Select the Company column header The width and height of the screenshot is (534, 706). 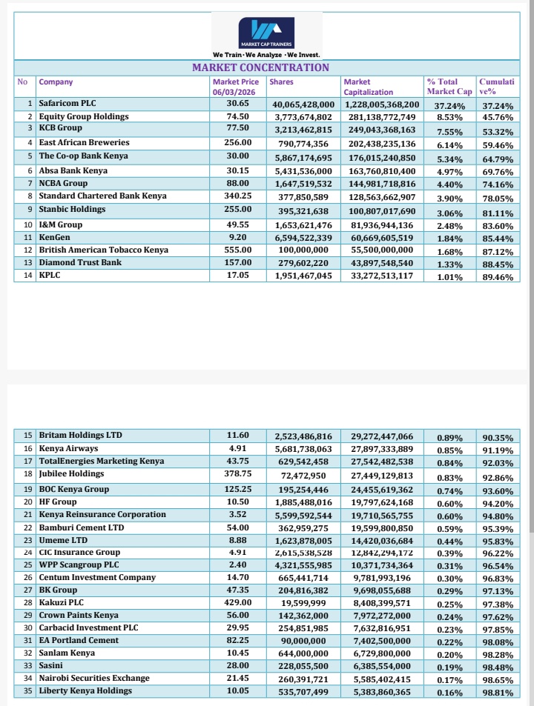coord(56,81)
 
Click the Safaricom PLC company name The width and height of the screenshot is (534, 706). coord(67,104)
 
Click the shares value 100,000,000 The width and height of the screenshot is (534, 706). coord(302,250)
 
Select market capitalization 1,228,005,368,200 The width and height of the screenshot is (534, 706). coord(381,104)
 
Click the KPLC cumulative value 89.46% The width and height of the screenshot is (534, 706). coord(498,278)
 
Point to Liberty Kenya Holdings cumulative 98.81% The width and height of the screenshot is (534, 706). coord(498,693)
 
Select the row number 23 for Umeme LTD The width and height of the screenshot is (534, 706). coord(28,541)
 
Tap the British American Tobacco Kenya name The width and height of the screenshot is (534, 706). coord(103,250)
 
